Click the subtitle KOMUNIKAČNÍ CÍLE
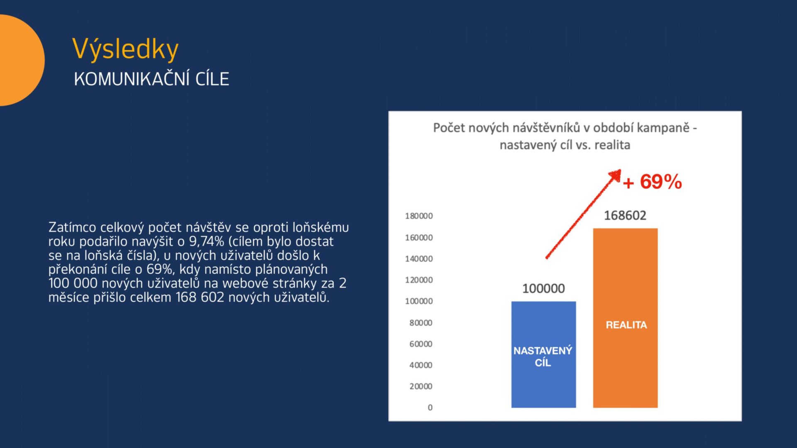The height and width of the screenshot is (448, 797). [152, 79]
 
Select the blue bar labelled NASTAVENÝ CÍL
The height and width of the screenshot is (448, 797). [543, 355]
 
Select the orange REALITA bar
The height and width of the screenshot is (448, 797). [625, 318]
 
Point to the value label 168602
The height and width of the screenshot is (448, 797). [625, 215]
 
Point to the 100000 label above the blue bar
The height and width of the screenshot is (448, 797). [543, 288]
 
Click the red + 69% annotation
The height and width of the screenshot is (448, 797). [652, 182]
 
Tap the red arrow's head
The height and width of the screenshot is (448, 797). [616, 175]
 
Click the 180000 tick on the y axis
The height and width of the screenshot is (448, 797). [419, 216]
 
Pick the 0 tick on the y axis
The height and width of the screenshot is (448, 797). [430, 407]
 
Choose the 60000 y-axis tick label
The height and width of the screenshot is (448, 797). [421, 343]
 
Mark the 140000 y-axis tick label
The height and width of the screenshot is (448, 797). [419, 258]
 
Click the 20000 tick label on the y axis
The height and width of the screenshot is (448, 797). [421, 386]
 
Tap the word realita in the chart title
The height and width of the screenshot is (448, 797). [612, 145]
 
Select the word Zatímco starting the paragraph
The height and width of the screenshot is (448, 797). [72, 227]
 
